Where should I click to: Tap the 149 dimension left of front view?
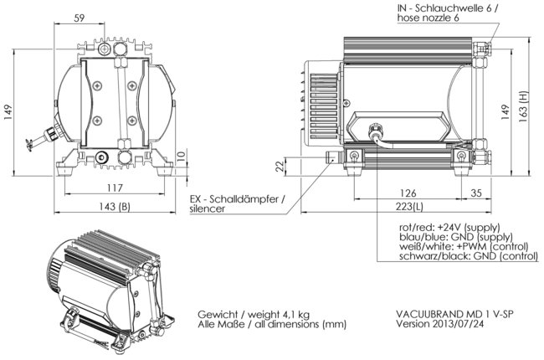click(8, 111)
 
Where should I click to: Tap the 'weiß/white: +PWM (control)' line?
click(459, 248)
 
